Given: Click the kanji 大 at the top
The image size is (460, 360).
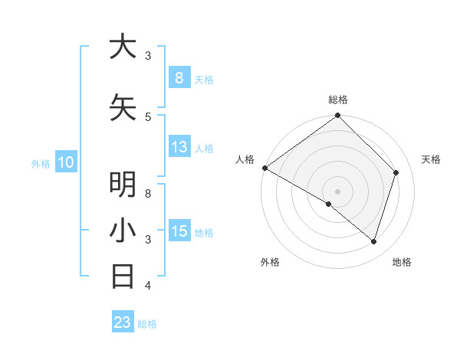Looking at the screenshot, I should (x=123, y=47).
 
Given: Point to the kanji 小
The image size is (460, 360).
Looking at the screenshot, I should (x=123, y=231).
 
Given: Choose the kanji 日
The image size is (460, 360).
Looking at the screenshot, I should (x=123, y=277).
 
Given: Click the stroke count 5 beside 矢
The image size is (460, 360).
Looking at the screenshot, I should (x=148, y=116).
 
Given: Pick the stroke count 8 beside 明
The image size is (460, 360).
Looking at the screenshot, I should (x=148, y=193).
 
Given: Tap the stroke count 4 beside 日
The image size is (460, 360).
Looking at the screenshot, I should (x=148, y=285).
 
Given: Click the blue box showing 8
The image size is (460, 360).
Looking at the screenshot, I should (x=179, y=77).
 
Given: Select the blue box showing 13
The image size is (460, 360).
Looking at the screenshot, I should (x=179, y=147).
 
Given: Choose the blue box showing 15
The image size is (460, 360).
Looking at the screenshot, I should (x=179, y=231).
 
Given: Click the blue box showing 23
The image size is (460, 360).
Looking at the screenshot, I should (x=123, y=322).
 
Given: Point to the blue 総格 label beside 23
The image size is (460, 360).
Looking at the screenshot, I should (x=148, y=324).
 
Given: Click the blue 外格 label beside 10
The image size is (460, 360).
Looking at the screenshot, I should (x=40, y=163).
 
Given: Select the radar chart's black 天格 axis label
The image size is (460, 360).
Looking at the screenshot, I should (x=431, y=159).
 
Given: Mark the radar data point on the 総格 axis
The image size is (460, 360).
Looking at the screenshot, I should (x=337, y=116).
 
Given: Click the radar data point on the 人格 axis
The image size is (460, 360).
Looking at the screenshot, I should (x=264, y=168).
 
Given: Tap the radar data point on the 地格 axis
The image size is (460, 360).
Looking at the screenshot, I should (x=373, y=241).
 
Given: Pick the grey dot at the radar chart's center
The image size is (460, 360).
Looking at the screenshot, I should (x=337, y=191).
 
